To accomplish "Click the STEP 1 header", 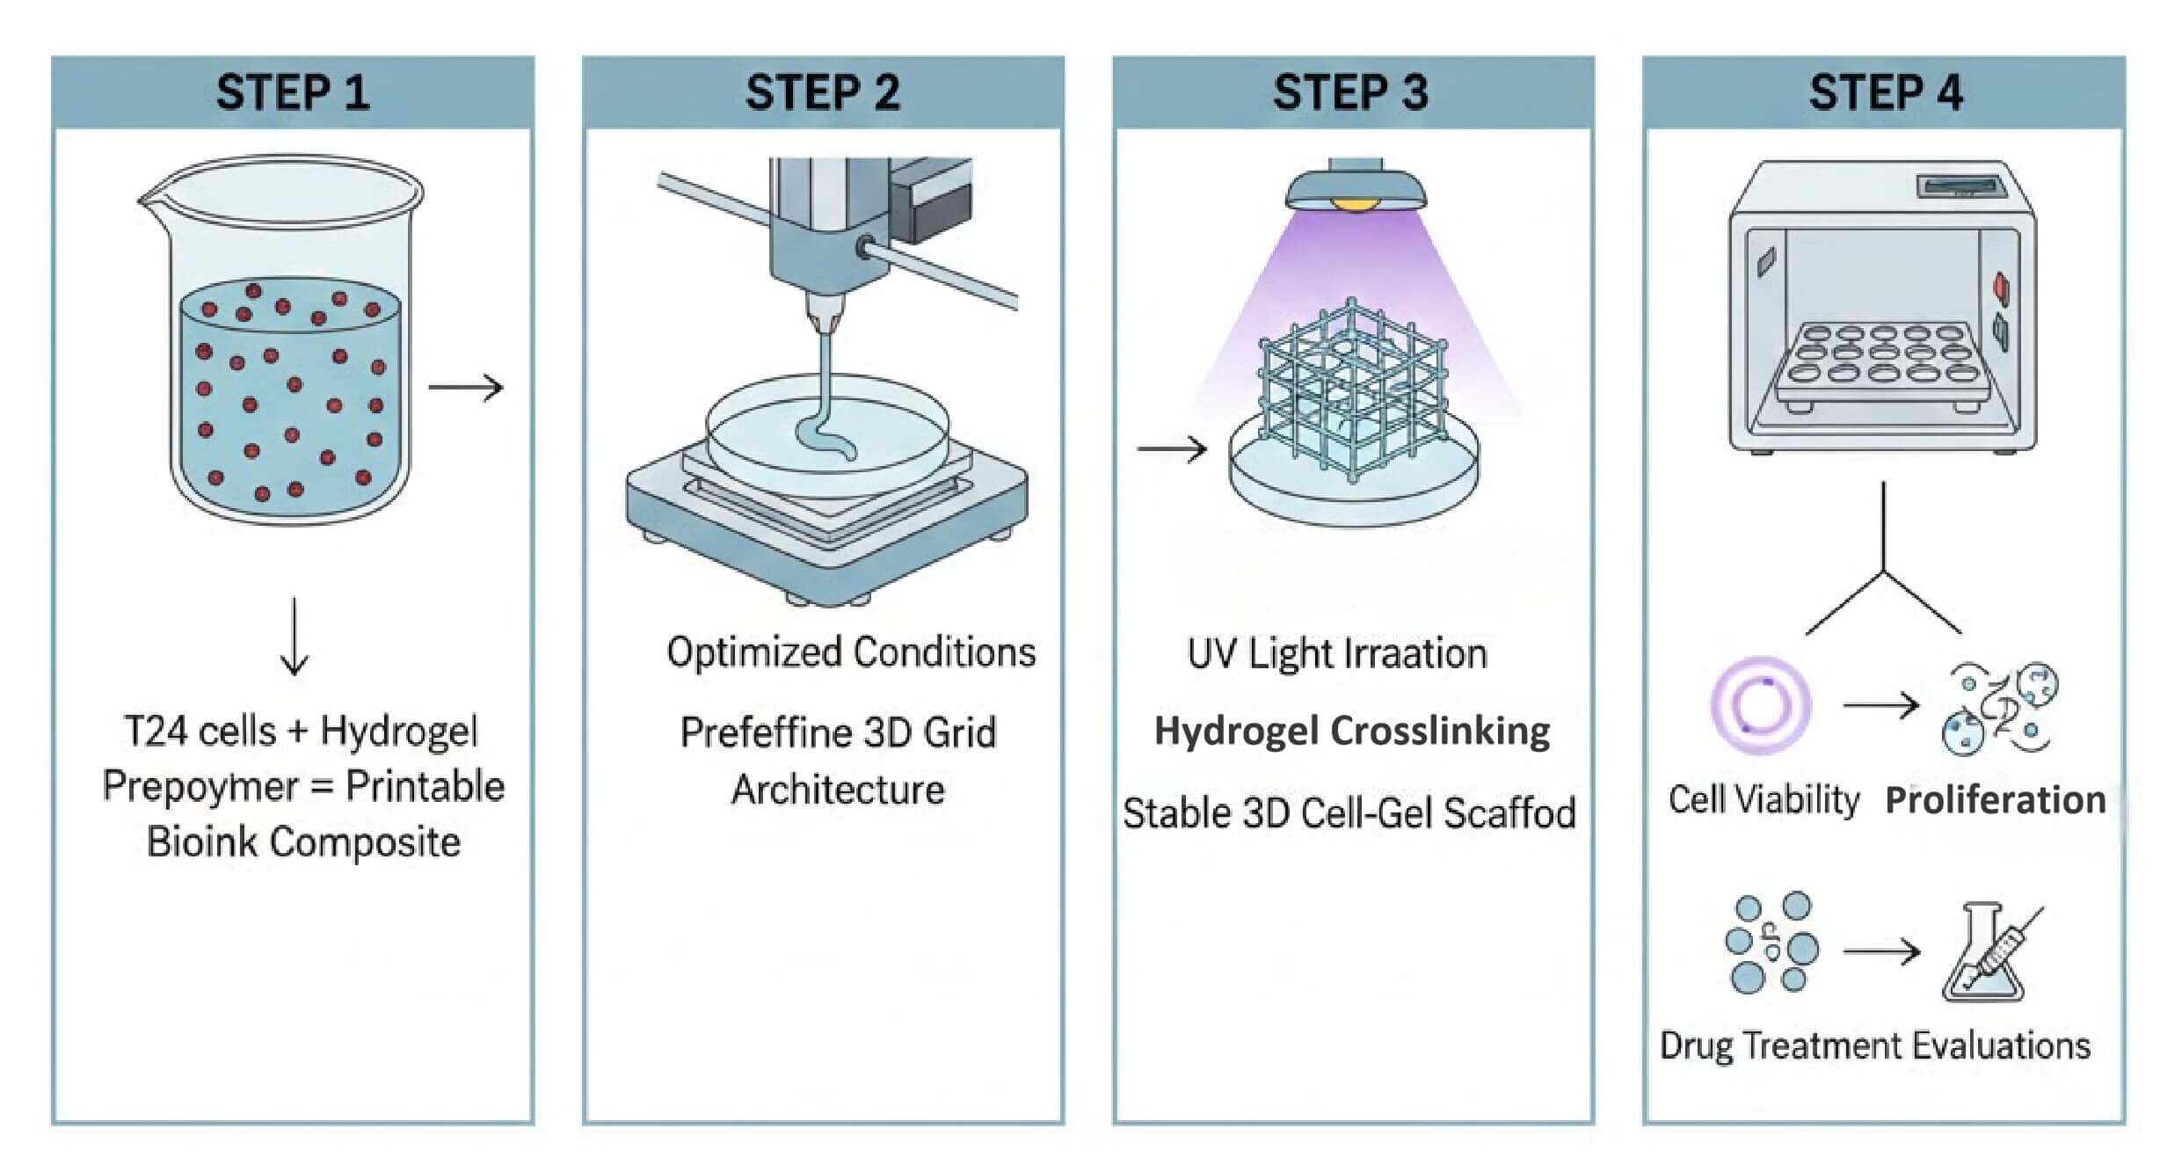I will coord(293,92).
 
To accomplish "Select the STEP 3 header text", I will coord(1351,92).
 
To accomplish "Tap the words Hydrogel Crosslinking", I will coord(1352,731).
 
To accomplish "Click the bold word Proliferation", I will coord(1996,800).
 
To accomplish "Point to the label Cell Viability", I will coord(1764,800).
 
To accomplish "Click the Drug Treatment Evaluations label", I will coord(1874,1045).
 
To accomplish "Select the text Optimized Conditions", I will coord(851,652).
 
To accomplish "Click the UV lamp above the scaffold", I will coord(1356,189).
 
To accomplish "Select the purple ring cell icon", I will coord(1761,705).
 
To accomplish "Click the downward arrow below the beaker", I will coord(295,637).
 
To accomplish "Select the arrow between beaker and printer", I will coord(466,387).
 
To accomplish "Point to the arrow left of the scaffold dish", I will coord(1171,449).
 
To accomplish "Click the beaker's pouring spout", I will coord(145,201).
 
